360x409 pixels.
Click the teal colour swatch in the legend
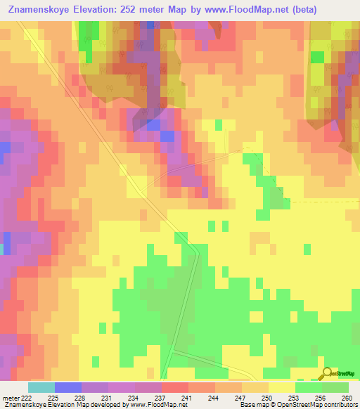point(41,388)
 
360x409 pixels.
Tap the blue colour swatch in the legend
point(67,388)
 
